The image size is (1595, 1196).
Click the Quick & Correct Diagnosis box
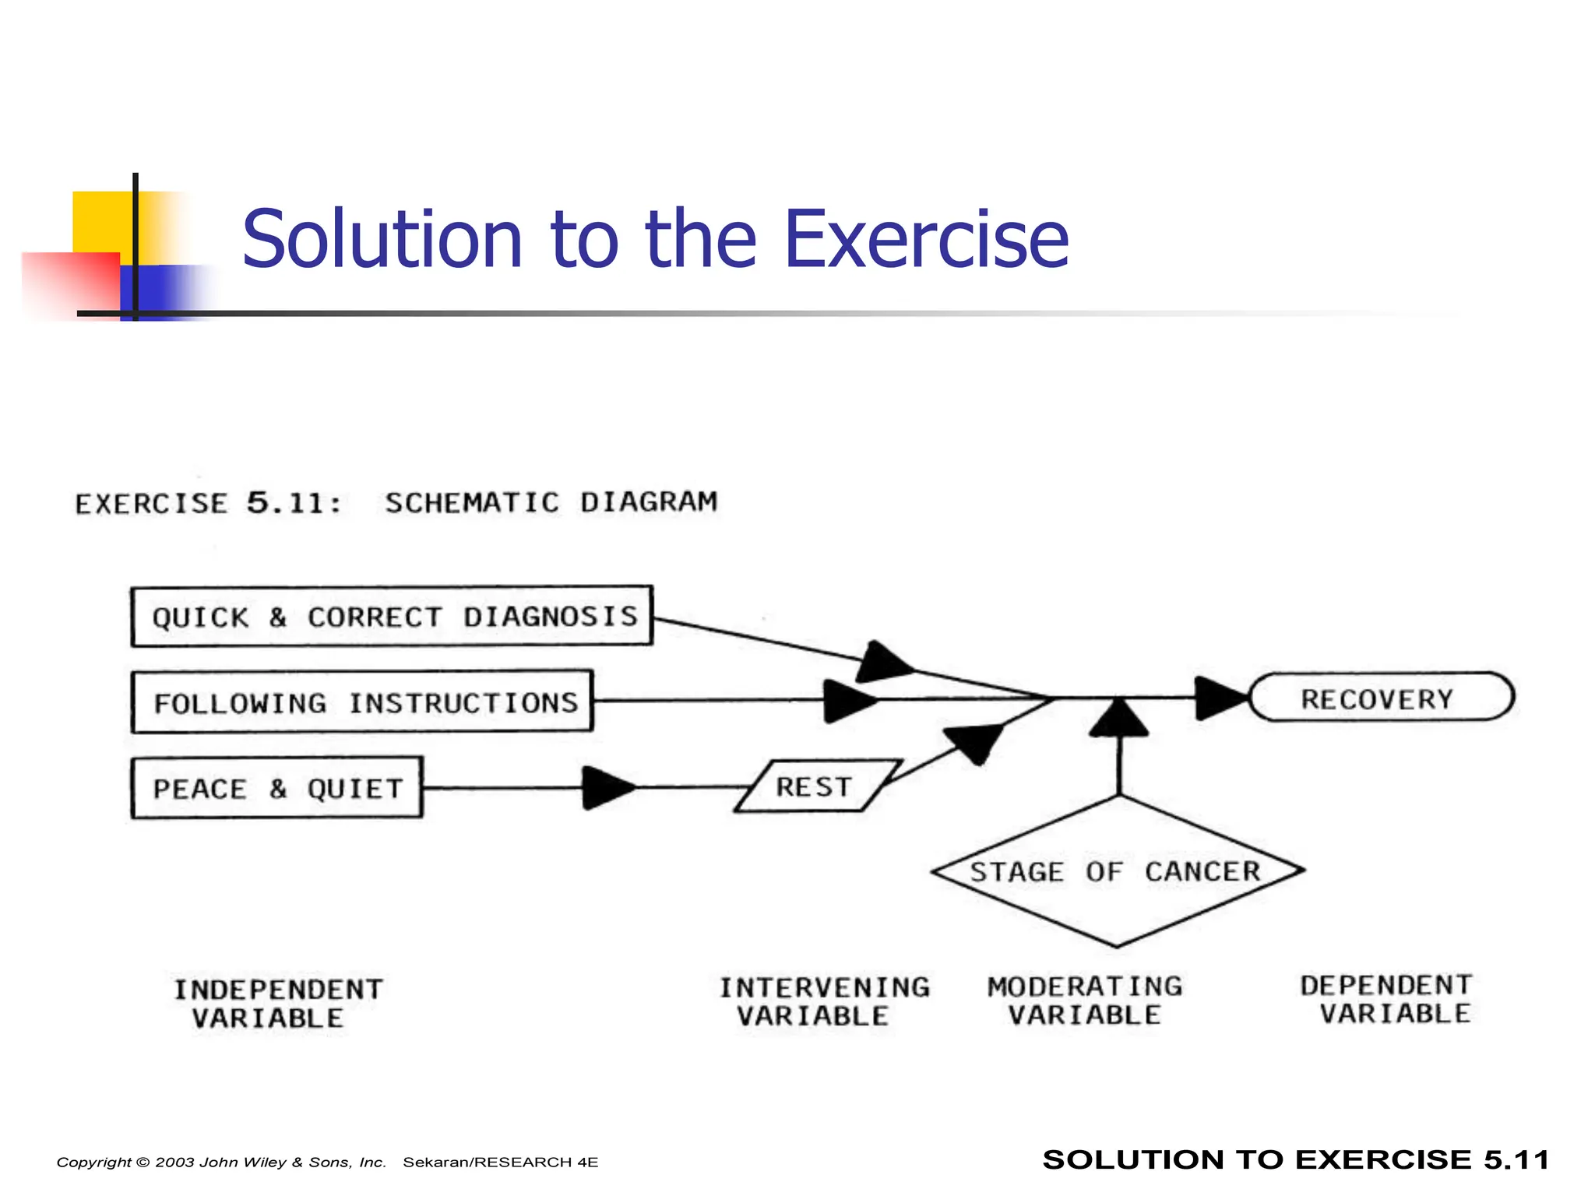coord(392,616)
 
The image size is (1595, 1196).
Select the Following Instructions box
coord(362,702)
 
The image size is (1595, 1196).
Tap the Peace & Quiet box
coord(277,787)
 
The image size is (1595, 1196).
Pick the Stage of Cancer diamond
coord(1117,871)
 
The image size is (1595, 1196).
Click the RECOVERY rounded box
coord(1380,698)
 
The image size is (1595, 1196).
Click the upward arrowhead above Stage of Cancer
coord(1119,717)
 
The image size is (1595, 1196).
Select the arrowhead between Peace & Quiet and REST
coord(607,788)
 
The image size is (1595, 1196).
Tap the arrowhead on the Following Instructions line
coord(849,700)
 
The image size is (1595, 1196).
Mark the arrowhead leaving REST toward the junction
coord(973,741)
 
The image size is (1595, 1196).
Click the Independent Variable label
coord(277,1004)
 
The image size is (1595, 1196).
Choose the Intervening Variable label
coord(823,1001)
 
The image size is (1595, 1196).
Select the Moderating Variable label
coord(1084,1001)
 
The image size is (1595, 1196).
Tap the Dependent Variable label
coord(1386,999)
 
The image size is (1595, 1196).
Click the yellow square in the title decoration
coord(101,222)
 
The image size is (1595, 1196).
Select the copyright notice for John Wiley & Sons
coord(221,1162)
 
